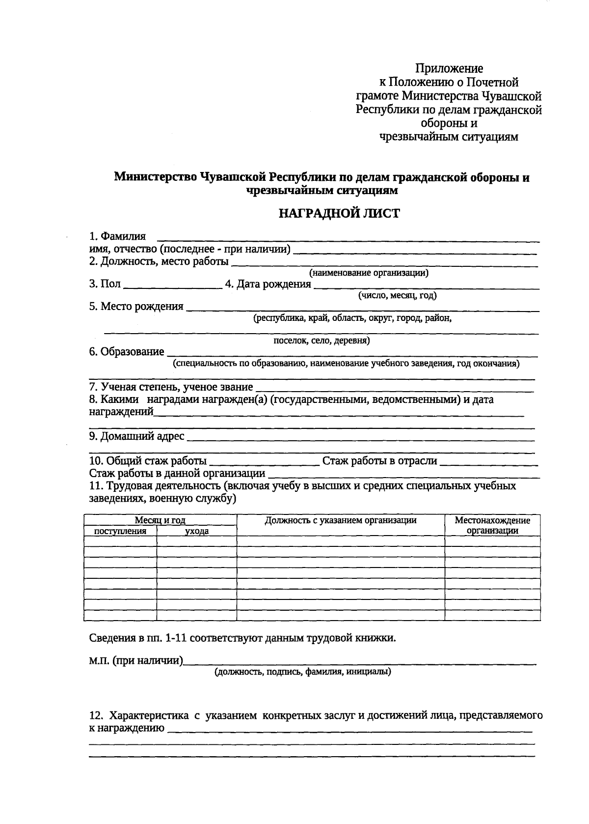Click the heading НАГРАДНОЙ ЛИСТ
[x=339, y=213]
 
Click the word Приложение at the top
[x=449, y=68]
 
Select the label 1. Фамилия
[x=117, y=236]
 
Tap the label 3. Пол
[x=105, y=284]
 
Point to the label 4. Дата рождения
[x=268, y=284]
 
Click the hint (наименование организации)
[x=368, y=273]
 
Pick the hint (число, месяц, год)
[x=397, y=295]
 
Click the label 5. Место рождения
[x=136, y=307]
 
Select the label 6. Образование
[x=127, y=352]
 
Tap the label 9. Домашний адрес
[x=136, y=436]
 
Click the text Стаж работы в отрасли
[x=379, y=461]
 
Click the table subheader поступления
[x=120, y=531]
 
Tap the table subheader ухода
[x=196, y=531]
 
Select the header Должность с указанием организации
[x=341, y=520]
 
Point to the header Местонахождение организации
[x=492, y=525]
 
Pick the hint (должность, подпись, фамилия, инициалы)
[x=302, y=672]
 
